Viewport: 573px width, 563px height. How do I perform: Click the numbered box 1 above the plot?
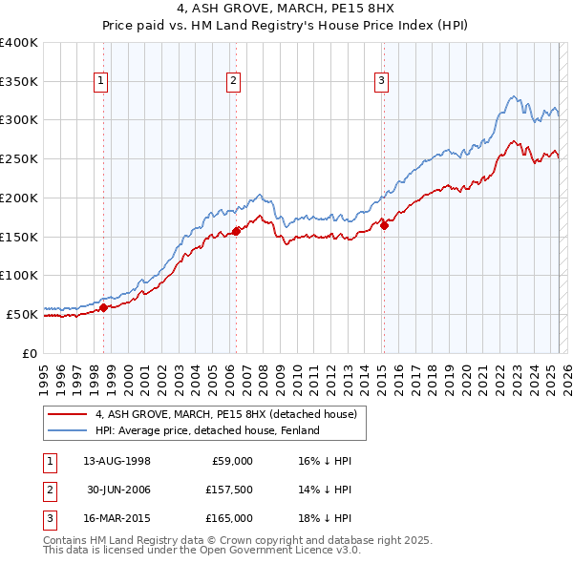coord(101,82)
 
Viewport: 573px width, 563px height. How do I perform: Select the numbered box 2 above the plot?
coord(233,82)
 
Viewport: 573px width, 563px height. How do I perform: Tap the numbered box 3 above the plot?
coord(381,82)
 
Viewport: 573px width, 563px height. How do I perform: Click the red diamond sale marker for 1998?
coord(103,307)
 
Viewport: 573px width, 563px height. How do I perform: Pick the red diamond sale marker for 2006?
coord(236,230)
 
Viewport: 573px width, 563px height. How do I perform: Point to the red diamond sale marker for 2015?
coord(384,224)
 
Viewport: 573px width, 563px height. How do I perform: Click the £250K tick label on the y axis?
coord(19,158)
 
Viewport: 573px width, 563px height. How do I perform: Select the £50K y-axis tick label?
coord(22,313)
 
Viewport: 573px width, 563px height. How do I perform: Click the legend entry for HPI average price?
coord(212,430)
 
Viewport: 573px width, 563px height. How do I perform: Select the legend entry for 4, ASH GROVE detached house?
coord(225,414)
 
